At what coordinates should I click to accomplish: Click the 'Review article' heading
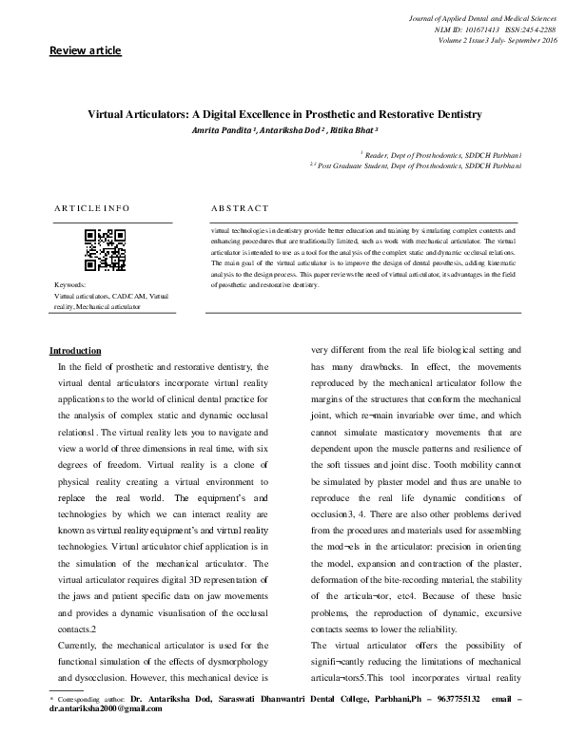(x=86, y=49)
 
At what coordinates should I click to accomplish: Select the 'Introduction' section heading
(x=75, y=351)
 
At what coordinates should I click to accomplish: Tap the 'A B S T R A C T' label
(x=241, y=207)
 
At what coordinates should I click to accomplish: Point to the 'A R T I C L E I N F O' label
(x=92, y=207)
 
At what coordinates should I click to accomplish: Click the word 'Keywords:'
(x=70, y=285)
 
